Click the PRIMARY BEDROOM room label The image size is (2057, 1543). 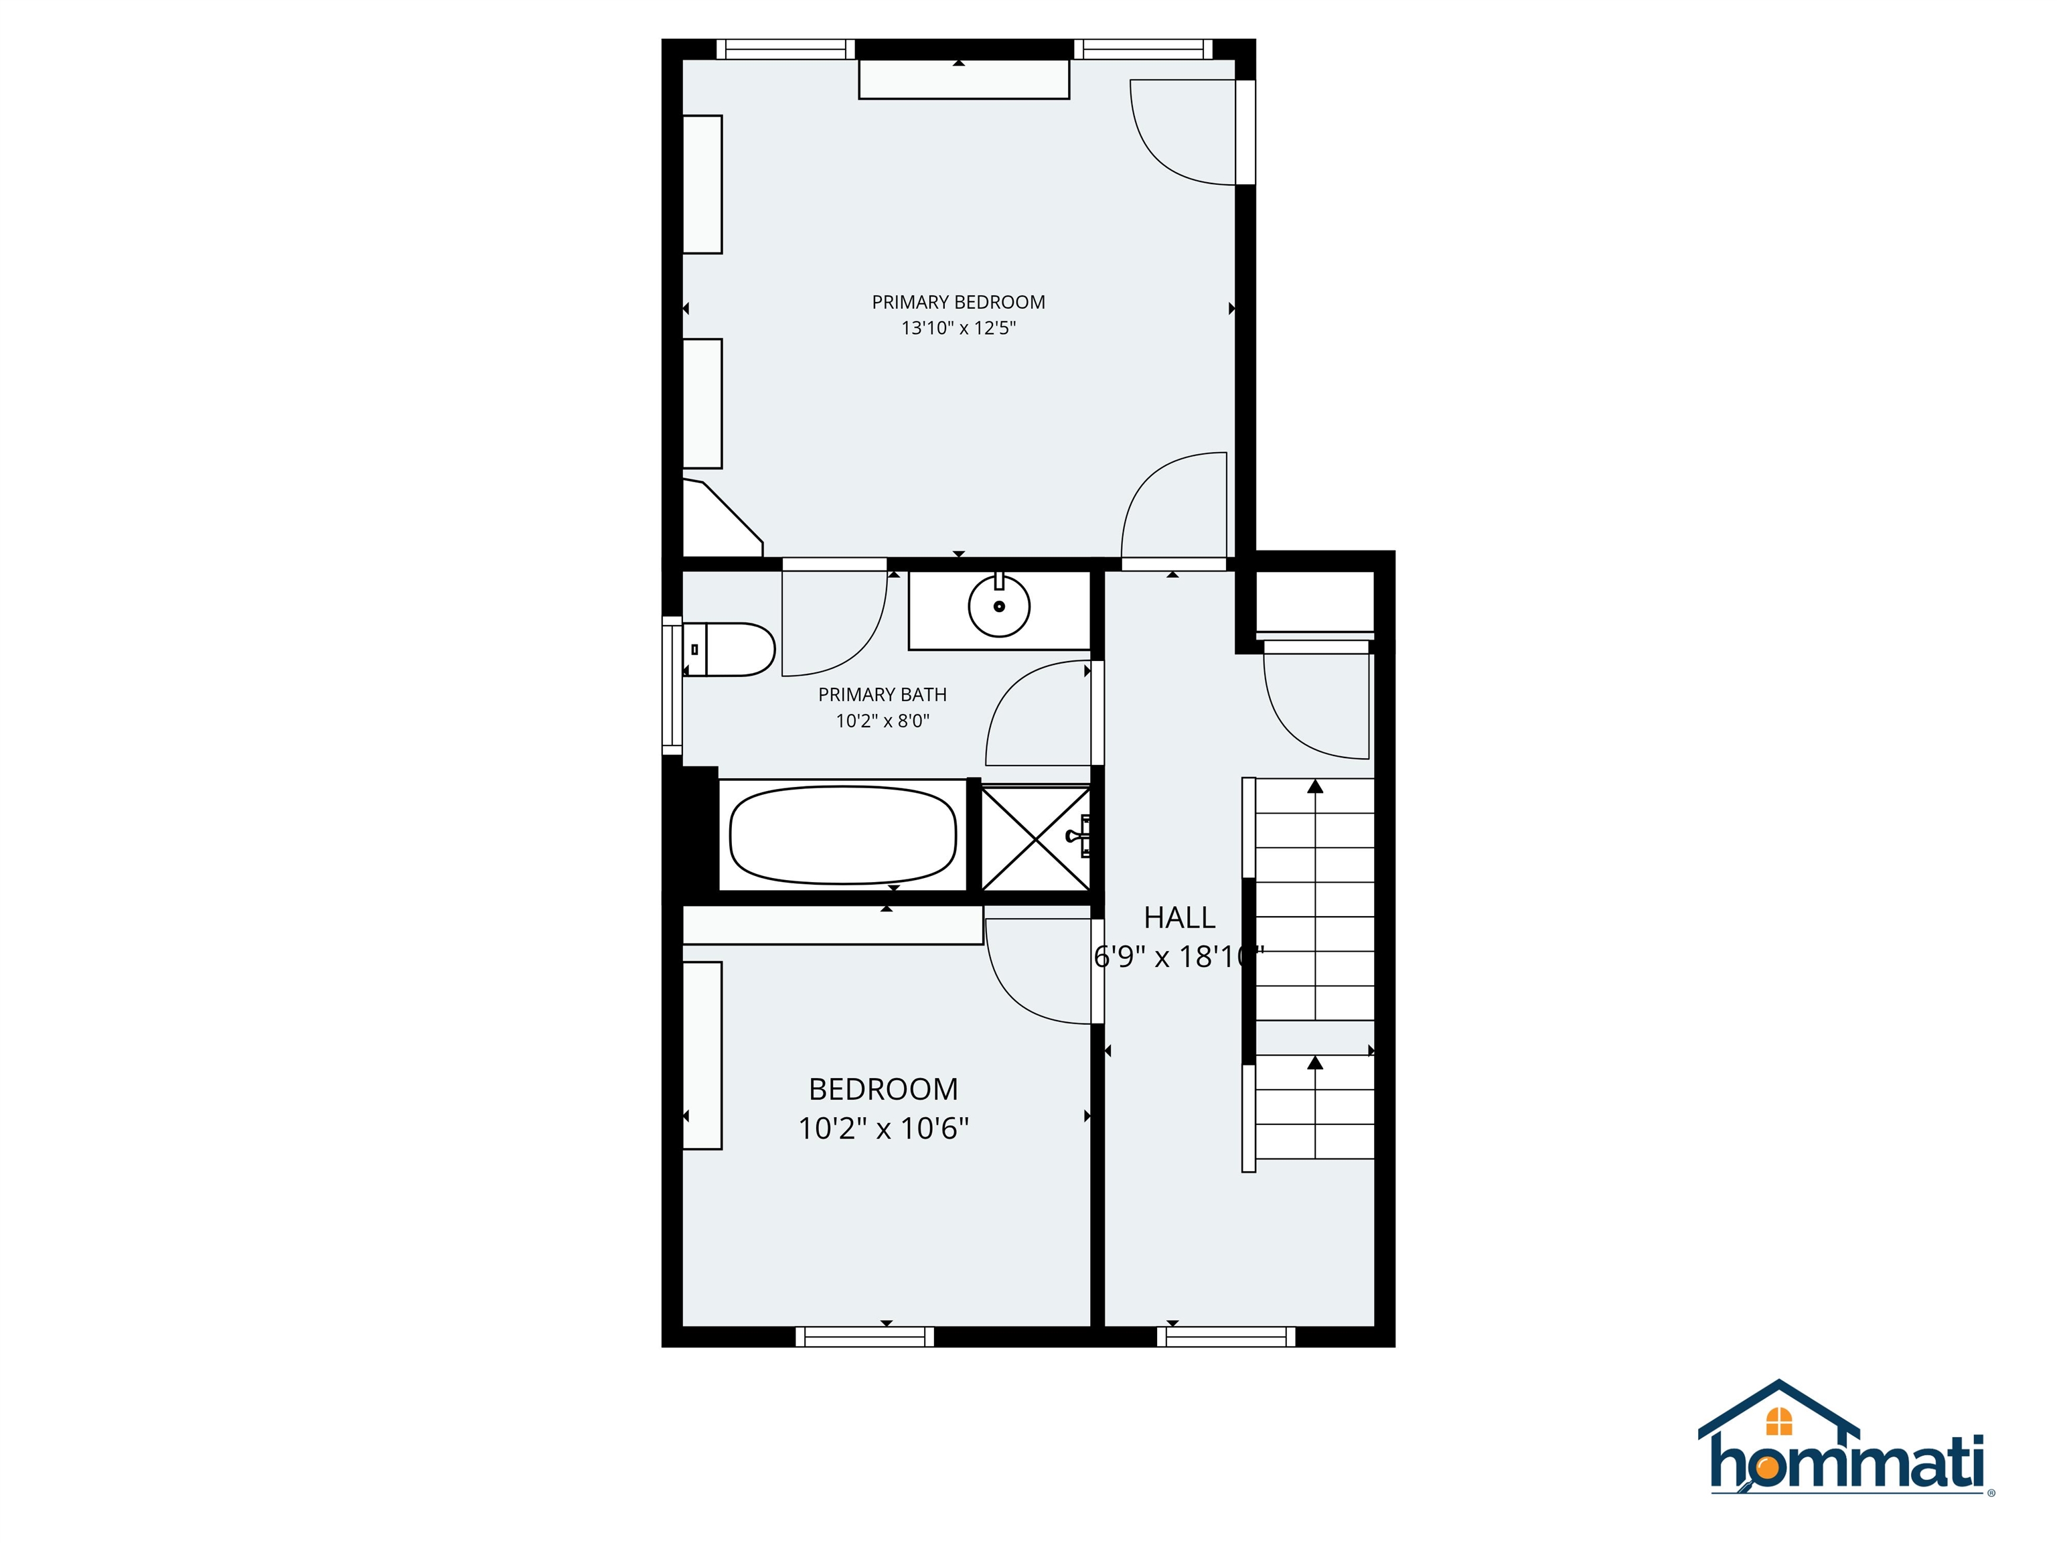pos(958,302)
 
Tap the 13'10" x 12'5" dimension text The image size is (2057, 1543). pos(958,328)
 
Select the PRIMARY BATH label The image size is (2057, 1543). pos(883,694)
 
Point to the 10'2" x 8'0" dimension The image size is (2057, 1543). pos(883,721)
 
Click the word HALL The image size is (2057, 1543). pos(1179,918)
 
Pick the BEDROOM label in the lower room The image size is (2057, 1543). pos(883,1089)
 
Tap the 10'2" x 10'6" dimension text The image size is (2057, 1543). pos(883,1129)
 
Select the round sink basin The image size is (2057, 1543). pos(999,606)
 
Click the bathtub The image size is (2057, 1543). pos(842,835)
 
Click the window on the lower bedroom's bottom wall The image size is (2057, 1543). pos(865,1337)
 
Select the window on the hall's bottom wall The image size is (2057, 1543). pos(1225,1337)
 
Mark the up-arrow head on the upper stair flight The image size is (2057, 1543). pos(1315,787)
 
